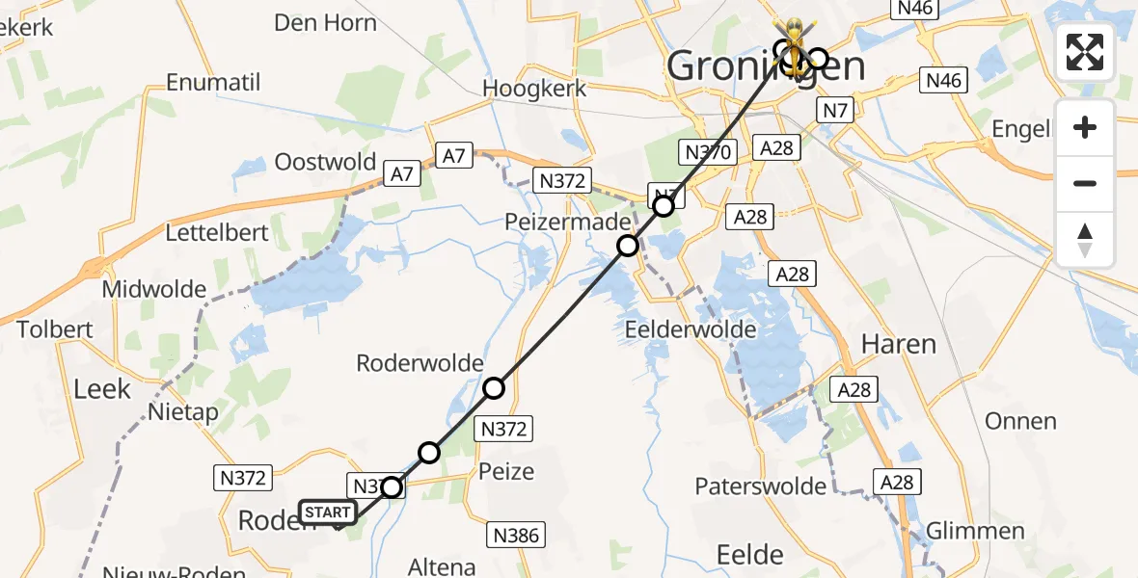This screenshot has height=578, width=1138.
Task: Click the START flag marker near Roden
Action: click(x=328, y=512)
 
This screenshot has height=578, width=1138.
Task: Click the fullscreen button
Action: click(x=1085, y=52)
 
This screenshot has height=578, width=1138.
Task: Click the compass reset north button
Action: click(x=1085, y=240)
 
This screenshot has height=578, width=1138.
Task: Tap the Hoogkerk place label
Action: click(x=534, y=88)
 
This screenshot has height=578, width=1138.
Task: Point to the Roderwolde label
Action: click(x=420, y=363)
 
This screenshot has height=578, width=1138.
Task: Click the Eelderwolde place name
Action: click(x=691, y=329)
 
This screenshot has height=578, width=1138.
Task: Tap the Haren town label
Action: click(x=898, y=344)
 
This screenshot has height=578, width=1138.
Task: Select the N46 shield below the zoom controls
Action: click(x=943, y=80)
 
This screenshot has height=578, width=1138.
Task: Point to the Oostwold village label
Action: click(x=325, y=161)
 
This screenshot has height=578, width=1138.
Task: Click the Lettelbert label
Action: click(x=214, y=233)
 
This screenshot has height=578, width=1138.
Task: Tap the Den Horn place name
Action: click(x=325, y=23)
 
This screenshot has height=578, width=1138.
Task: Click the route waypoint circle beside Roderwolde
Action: click(x=494, y=388)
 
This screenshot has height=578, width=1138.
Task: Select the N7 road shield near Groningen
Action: click(x=835, y=111)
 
